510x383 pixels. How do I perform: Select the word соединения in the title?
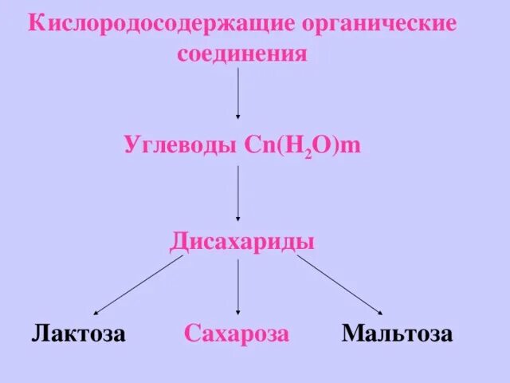(241, 54)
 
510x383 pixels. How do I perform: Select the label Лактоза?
(79, 333)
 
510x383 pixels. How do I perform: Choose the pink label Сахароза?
(237, 333)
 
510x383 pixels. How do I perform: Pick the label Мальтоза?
(398, 333)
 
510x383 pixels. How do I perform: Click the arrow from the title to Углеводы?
(239, 94)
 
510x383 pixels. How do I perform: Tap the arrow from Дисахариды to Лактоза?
(139, 285)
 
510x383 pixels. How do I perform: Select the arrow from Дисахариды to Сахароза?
(239, 283)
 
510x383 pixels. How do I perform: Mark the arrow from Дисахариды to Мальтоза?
(339, 285)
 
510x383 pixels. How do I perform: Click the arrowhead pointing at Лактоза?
(97, 312)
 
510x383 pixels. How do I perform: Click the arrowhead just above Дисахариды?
(239, 218)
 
